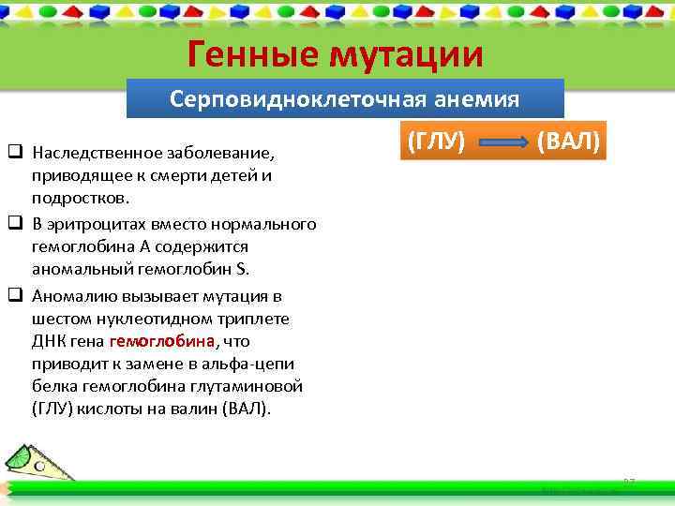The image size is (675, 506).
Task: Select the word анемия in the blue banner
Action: (x=474, y=99)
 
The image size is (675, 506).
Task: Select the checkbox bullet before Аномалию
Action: (x=16, y=295)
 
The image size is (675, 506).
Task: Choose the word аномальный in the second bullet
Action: (x=74, y=271)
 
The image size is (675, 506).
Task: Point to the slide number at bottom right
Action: (x=629, y=482)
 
